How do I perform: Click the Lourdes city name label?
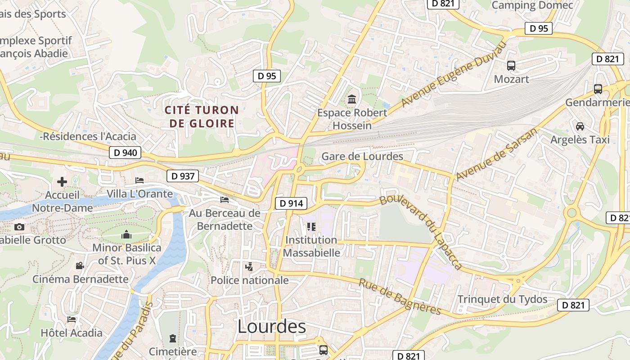tap(271, 327)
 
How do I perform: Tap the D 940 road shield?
tap(125, 153)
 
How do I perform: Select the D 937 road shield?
tap(183, 176)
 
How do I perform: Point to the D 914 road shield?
tap(291, 203)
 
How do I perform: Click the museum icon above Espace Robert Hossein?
tap(352, 99)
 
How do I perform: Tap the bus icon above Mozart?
tap(511, 66)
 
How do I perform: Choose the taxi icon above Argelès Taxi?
tap(580, 126)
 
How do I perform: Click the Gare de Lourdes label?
tap(362, 157)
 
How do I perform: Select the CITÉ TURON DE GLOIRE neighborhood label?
tap(202, 117)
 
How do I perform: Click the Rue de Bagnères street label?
tap(400, 297)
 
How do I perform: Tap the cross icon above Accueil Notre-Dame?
tap(62, 182)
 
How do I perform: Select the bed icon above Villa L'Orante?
tap(139, 181)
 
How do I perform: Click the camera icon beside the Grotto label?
tap(19, 227)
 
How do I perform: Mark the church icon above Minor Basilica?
tap(126, 234)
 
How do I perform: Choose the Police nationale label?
tap(250, 280)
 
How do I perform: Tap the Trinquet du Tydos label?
tap(502, 299)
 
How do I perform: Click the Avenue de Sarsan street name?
tap(497, 154)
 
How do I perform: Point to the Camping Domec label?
tap(532, 5)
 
